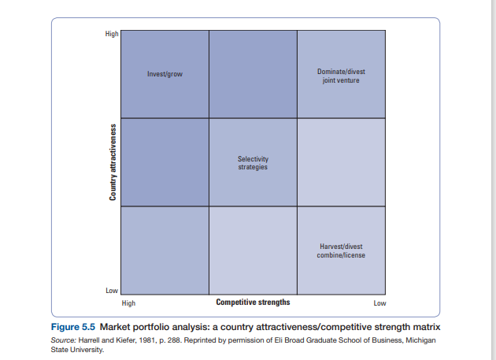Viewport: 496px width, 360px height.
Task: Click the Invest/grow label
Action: coord(165,75)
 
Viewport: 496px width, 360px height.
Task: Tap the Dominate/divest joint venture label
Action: coord(341,76)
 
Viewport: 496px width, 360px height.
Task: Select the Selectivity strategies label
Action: coord(253,163)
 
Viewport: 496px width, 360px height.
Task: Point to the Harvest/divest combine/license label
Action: coord(342,251)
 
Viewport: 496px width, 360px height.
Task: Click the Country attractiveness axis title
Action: coord(113,162)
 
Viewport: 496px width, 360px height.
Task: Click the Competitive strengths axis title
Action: coord(253,302)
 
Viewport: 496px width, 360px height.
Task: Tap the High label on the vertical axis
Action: coord(112,34)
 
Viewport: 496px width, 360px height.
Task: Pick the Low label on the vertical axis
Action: coord(112,291)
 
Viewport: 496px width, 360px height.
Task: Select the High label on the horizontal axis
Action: coord(128,303)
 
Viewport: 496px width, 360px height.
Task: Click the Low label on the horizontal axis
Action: coord(379,303)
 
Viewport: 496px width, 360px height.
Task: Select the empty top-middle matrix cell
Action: coord(253,75)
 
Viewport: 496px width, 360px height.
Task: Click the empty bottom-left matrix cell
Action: coord(165,251)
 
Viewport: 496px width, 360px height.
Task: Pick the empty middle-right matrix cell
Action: coord(341,162)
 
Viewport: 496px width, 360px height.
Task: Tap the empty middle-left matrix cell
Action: coord(165,162)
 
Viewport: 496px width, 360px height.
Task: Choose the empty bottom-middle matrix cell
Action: coord(253,251)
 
